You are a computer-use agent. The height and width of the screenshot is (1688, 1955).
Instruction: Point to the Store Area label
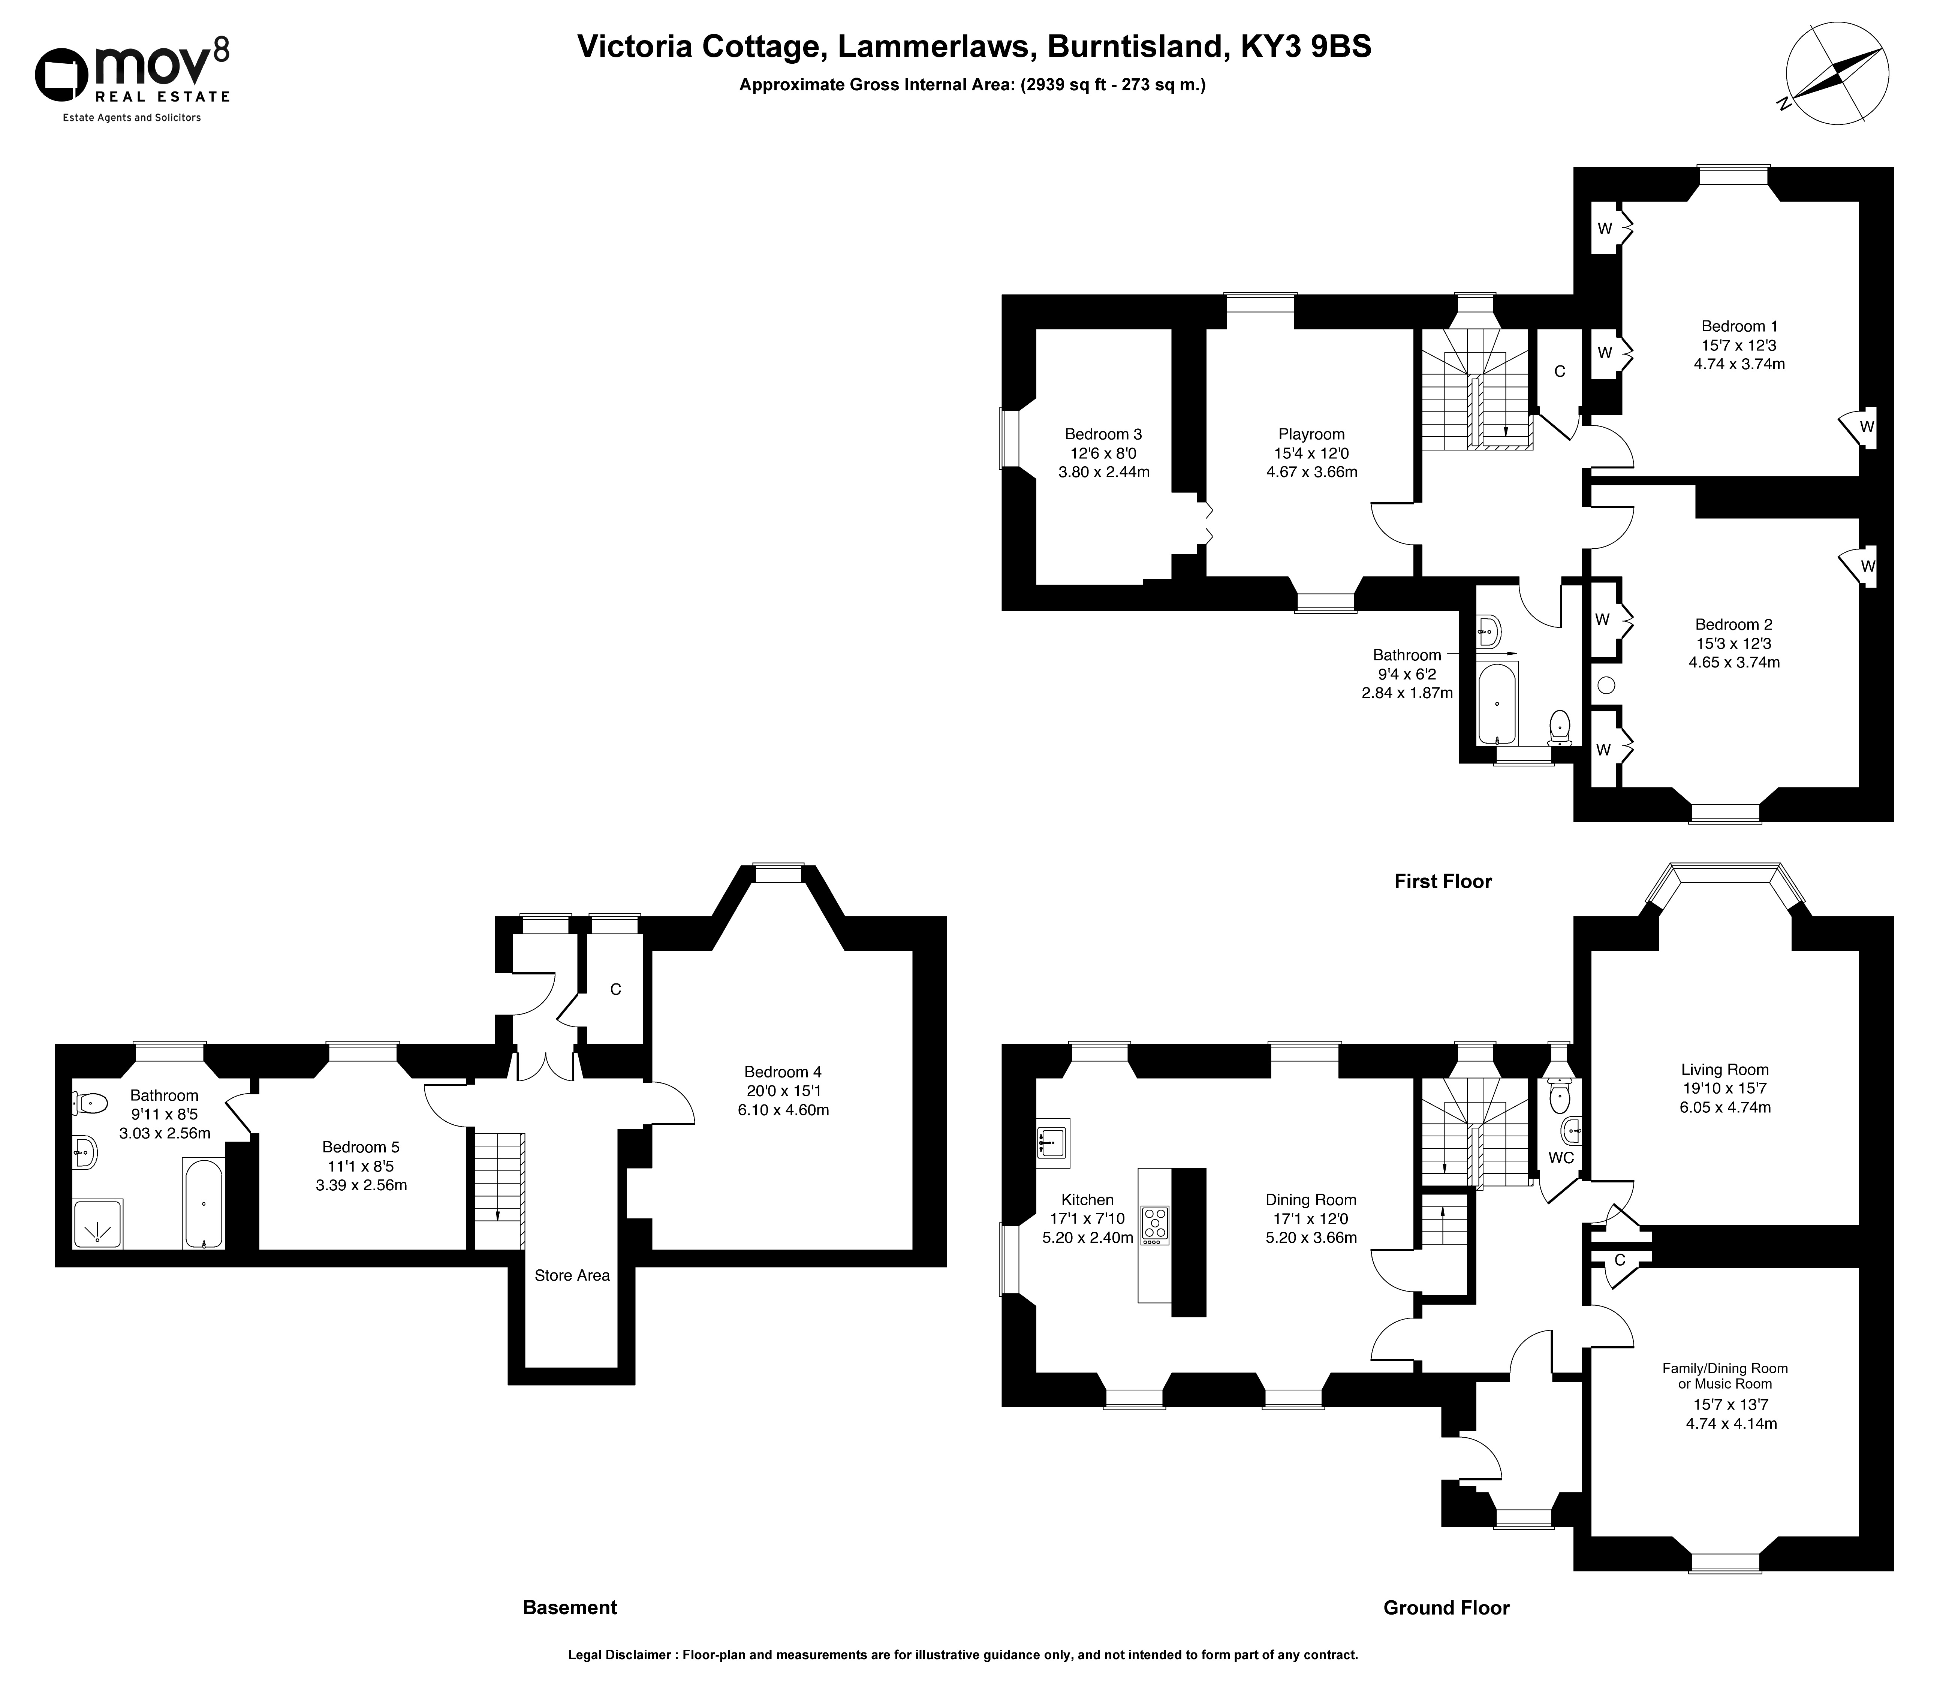(x=572, y=1276)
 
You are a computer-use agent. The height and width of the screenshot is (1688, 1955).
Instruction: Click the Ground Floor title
(x=1446, y=1608)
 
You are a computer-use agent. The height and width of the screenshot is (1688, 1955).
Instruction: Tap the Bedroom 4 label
(x=782, y=1072)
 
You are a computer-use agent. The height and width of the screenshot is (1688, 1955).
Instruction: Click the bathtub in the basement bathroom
(x=203, y=1203)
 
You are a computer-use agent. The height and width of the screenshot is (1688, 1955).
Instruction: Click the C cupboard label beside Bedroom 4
(x=615, y=990)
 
